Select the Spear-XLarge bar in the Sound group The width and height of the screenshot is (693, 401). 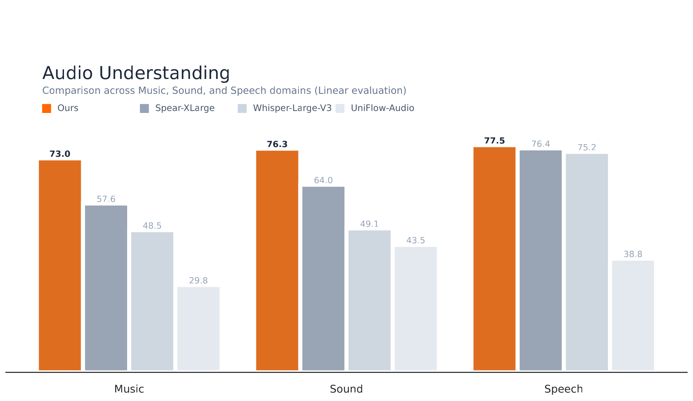tap(323, 278)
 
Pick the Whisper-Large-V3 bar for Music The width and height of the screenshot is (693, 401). tap(152, 301)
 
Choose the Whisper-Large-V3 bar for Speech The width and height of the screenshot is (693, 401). tap(586, 262)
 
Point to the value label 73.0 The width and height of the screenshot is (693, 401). tap(60, 154)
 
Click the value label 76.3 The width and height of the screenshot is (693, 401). tap(277, 144)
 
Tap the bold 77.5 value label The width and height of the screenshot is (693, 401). tap(494, 141)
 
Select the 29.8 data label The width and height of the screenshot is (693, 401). tap(198, 281)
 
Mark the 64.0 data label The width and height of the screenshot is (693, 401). tap(323, 180)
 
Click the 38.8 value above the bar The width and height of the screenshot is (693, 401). tap(633, 254)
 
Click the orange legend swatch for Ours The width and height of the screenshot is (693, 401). tap(46, 108)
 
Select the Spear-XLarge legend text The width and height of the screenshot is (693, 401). tap(185, 108)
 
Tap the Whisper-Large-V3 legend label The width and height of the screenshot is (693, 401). tap(292, 108)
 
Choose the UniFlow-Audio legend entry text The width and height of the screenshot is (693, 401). tap(382, 108)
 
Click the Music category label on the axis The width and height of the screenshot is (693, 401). tap(129, 389)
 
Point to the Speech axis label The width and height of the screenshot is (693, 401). tap(563, 389)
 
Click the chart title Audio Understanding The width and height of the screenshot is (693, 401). tap(136, 73)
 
